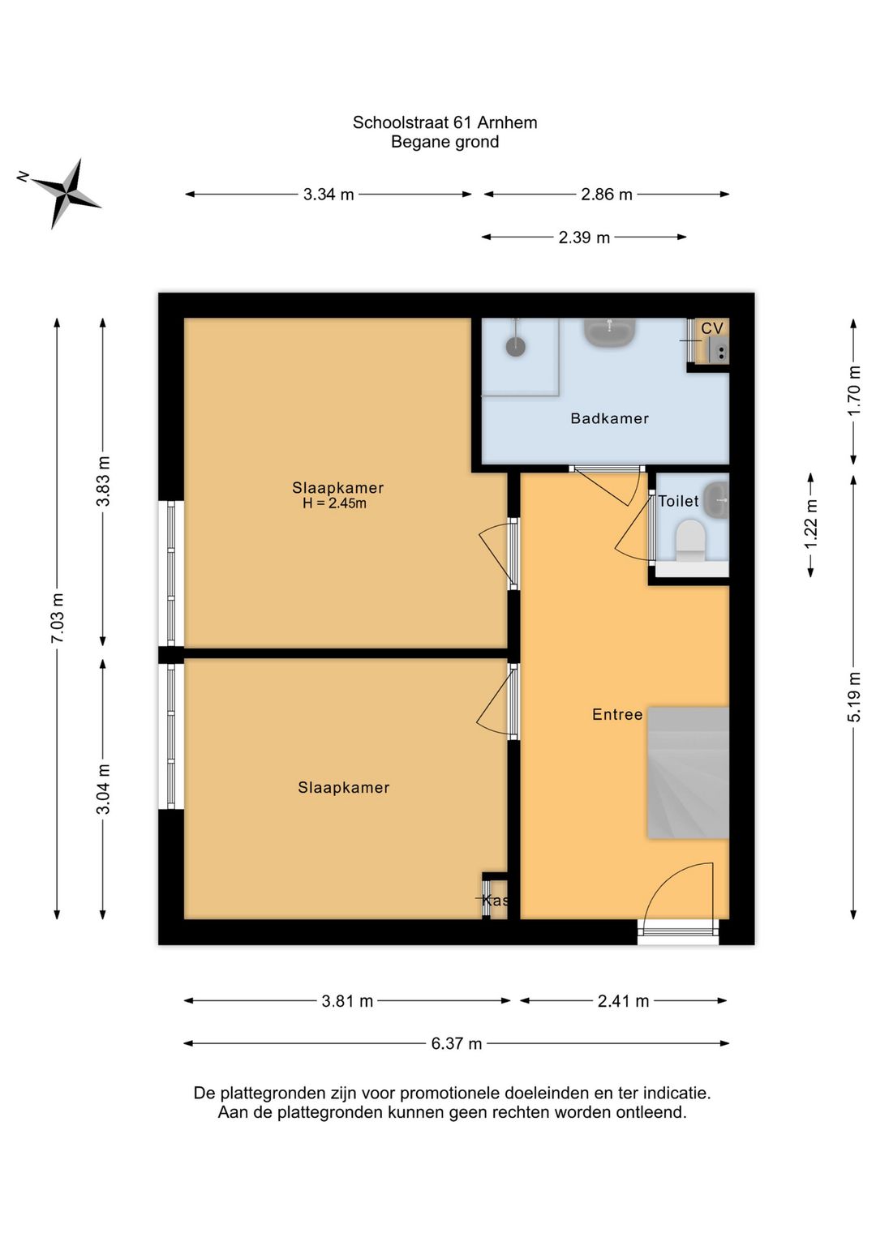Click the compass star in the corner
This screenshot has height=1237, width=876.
tap(67, 194)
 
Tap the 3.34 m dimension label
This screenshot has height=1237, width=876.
tap(328, 195)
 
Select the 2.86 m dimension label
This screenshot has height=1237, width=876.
tap(606, 195)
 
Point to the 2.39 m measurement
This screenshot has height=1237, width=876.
tap(584, 238)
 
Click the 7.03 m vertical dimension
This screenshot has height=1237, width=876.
tap(58, 618)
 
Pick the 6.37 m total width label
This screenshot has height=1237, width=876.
tap(457, 1044)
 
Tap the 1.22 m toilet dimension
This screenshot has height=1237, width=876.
tap(811, 524)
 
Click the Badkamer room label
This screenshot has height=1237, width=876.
tap(610, 418)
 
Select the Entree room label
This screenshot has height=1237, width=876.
tap(617, 715)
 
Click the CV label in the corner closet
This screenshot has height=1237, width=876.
tap(712, 328)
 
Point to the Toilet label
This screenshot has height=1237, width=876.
tap(678, 501)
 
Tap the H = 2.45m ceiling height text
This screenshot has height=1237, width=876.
tap(334, 503)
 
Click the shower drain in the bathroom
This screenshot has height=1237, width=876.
tap(516, 348)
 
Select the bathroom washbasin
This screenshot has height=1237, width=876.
tap(610, 332)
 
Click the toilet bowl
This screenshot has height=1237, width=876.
tap(690, 541)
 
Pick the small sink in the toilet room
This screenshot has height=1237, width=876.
tap(718, 499)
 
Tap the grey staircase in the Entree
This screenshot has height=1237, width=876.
tap(689, 773)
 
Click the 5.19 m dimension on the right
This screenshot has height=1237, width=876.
tap(854, 696)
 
